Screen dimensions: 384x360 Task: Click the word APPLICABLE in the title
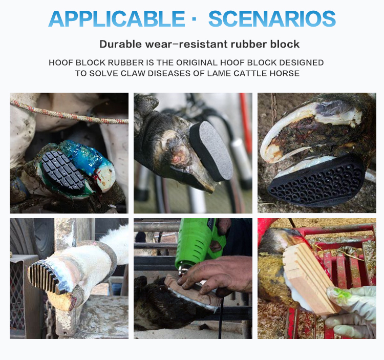[x=117, y=19]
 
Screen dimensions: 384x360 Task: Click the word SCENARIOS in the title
[x=272, y=19]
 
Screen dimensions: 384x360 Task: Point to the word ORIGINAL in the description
[x=197, y=62]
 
